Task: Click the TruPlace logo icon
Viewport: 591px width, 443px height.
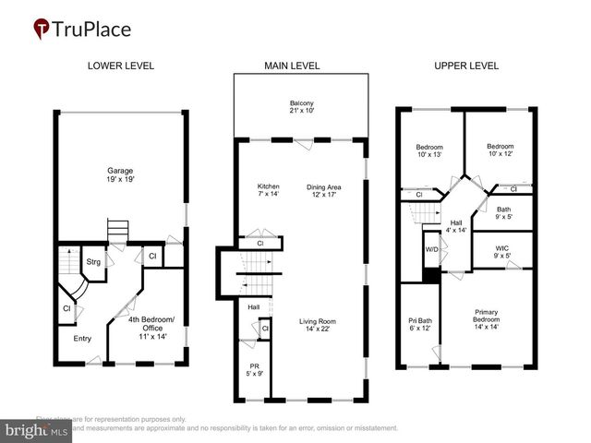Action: [42, 29]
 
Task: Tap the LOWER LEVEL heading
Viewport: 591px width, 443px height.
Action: [120, 66]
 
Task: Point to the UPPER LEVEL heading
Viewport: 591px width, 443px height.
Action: [466, 66]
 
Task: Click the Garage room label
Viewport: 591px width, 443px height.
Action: [120, 174]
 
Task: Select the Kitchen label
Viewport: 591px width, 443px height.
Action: [268, 191]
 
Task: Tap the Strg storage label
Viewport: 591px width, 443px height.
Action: [92, 262]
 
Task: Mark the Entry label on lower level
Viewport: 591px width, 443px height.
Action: [82, 338]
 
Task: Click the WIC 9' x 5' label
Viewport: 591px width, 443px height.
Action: [502, 251]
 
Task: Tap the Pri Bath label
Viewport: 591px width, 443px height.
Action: [419, 325]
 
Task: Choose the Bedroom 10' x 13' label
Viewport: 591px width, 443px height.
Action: [428, 151]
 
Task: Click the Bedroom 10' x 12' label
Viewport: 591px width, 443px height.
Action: [500, 150]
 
